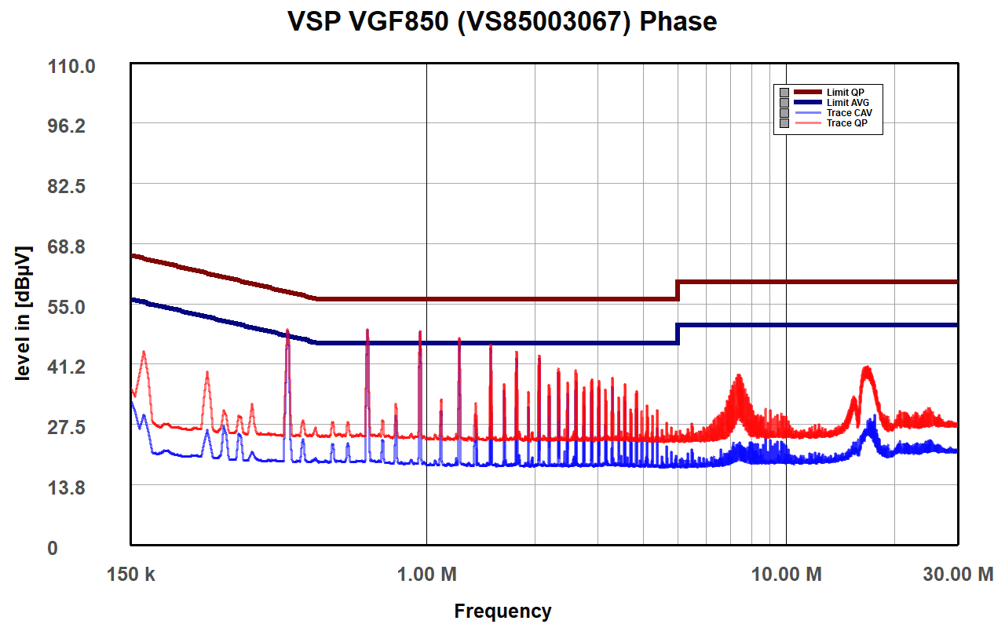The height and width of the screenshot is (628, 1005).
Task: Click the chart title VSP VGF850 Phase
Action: tap(502, 22)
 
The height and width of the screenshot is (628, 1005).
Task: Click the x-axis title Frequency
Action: tap(502, 611)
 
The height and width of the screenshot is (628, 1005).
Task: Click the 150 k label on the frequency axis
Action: tap(130, 575)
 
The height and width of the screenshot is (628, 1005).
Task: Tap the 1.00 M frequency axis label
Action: tap(427, 575)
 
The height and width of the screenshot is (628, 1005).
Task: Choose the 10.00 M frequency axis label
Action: tap(786, 575)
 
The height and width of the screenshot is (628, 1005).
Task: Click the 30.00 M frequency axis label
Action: tap(957, 575)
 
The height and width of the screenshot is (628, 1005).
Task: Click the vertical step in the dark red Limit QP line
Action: tap(677, 290)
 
